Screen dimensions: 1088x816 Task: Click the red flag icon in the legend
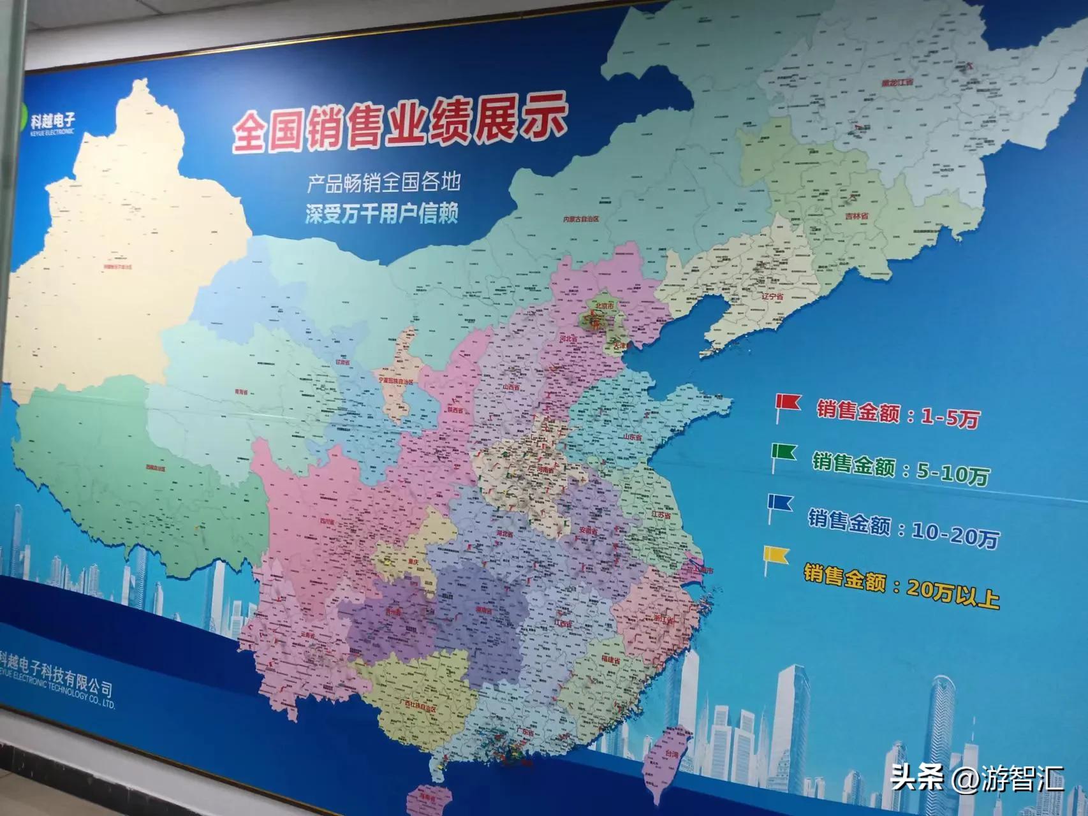788,404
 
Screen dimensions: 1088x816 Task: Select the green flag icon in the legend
783,453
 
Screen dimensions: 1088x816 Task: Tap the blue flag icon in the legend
780,504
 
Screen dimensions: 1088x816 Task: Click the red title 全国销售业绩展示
399,126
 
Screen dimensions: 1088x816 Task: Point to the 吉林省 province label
856,216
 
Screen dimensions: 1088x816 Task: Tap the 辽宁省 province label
772,296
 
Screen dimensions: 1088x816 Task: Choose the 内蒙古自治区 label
580,219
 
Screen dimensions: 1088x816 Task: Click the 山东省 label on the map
632,437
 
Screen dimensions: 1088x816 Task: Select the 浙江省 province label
663,618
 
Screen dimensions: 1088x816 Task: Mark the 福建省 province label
610,662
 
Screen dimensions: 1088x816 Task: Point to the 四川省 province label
327,521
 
